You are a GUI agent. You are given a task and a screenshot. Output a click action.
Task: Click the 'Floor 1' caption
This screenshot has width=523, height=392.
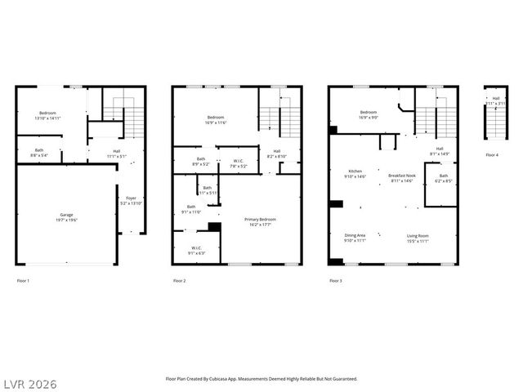(23, 281)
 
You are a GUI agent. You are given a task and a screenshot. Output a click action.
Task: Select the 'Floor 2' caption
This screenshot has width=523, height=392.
(179, 281)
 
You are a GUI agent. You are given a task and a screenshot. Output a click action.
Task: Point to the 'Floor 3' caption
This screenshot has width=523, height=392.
(335, 281)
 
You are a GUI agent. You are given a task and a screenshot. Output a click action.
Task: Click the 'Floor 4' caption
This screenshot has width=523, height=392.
(491, 154)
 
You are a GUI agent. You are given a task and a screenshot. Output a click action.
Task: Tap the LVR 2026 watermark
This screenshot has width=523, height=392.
(29, 383)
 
